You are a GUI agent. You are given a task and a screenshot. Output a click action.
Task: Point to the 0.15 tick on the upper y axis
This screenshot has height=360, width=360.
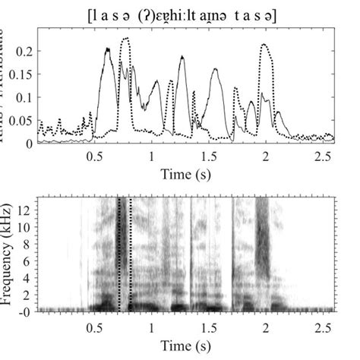tap(23, 74)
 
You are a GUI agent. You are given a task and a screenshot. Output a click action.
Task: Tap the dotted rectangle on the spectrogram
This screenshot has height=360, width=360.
tap(125, 254)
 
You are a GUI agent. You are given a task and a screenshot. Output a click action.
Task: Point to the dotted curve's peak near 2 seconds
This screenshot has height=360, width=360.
tap(264, 45)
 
